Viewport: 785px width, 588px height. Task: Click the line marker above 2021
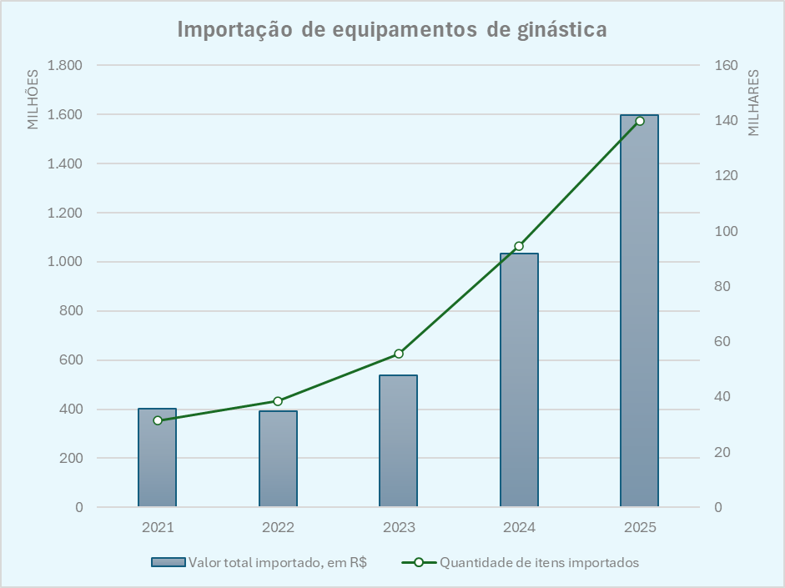click(x=158, y=420)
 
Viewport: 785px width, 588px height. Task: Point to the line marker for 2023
click(x=399, y=354)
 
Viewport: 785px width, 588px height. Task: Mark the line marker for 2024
click(x=519, y=246)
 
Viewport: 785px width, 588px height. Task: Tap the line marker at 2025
click(x=640, y=121)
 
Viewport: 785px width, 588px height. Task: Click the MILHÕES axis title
click(x=33, y=98)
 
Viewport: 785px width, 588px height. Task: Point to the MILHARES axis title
click(x=753, y=103)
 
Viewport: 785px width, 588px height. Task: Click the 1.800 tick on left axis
click(x=65, y=66)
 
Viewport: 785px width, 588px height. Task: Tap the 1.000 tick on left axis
click(x=65, y=262)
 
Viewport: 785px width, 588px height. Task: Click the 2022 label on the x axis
click(x=278, y=528)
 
